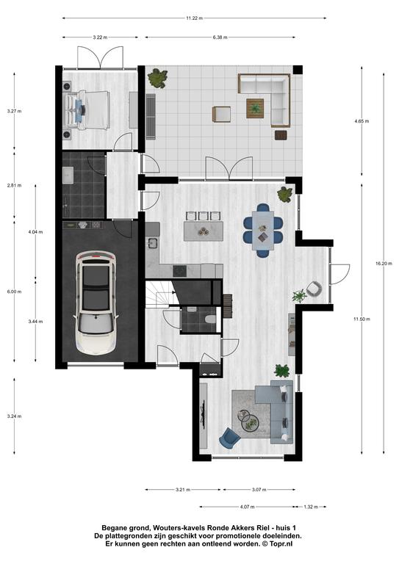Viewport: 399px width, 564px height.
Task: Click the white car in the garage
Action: tap(96, 303)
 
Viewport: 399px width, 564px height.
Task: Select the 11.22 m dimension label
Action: tap(194, 18)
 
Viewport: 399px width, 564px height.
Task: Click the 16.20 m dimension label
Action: tap(384, 264)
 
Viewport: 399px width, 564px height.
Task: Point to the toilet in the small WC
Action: tap(209, 319)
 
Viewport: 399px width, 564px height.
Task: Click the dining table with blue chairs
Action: tap(263, 230)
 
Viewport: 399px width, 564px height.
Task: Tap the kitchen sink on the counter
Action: tap(153, 244)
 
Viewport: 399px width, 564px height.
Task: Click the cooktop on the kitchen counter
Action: tap(179, 271)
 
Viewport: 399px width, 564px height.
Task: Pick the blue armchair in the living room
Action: tap(229, 438)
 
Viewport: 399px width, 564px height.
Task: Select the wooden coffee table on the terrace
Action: tap(255, 108)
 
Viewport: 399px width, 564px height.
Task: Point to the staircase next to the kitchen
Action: tap(160, 294)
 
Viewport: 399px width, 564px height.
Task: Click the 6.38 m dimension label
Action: tap(220, 37)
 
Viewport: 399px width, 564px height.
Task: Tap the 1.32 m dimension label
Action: tap(311, 507)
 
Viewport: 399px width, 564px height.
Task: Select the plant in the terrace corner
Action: tap(157, 79)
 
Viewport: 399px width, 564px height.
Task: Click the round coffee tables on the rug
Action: tap(248, 420)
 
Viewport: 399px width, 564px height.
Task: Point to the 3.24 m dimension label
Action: tap(15, 416)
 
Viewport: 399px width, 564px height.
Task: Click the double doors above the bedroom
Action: tap(101, 57)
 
